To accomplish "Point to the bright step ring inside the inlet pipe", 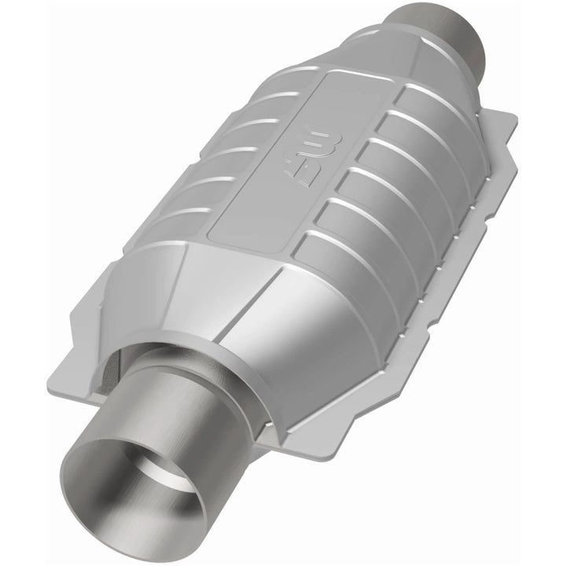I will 169,472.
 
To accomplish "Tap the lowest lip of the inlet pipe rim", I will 134,542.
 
